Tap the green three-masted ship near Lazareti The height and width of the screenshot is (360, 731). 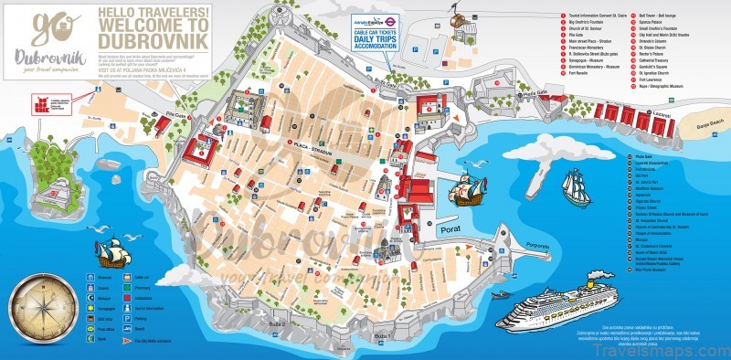pyautogui.click(x=575, y=186)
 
